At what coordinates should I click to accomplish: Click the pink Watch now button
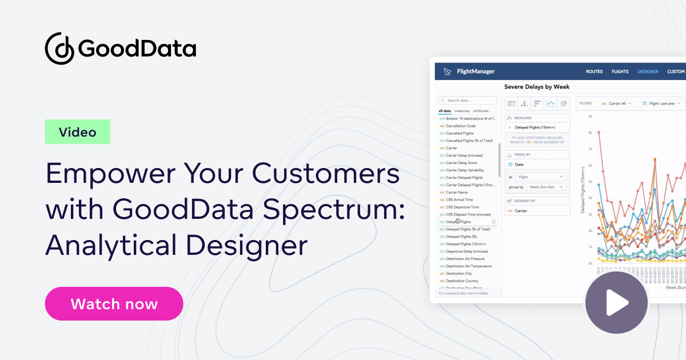(x=114, y=303)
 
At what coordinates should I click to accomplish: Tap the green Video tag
(x=77, y=132)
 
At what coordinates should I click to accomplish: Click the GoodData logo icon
(x=59, y=47)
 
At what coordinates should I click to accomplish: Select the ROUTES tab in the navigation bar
(x=594, y=71)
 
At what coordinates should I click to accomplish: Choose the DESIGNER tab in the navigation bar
(x=648, y=71)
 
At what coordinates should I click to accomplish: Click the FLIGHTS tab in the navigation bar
(x=620, y=71)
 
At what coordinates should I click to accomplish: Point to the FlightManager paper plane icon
(x=447, y=71)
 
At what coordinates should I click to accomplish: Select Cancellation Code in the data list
(x=461, y=126)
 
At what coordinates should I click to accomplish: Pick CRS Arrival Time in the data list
(x=460, y=200)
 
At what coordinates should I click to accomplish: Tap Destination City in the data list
(x=458, y=274)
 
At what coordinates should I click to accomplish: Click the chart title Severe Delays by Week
(x=537, y=86)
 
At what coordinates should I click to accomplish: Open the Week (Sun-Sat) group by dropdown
(x=546, y=187)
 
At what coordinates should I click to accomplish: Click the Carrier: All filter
(x=617, y=103)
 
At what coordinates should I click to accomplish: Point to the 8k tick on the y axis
(x=589, y=133)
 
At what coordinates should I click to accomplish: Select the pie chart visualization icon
(x=564, y=103)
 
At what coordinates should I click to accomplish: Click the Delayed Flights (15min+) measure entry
(x=537, y=127)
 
